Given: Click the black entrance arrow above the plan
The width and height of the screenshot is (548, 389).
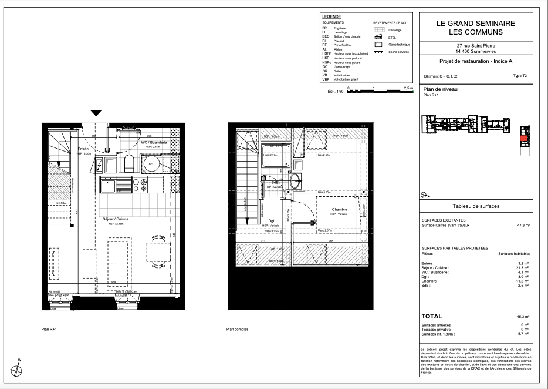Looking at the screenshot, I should pyautogui.click(x=96, y=113).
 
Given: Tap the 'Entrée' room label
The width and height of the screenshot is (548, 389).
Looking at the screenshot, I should pyautogui.click(x=83, y=149).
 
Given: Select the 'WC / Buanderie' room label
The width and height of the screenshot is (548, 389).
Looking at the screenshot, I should pyautogui.click(x=154, y=143).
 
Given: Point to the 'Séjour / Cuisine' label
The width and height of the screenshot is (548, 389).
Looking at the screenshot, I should pyautogui.click(x=116, y=219).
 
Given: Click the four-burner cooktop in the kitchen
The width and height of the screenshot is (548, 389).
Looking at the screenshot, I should pyautogui.click(x=140, y=186).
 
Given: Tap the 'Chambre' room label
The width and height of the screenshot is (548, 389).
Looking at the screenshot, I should pyautogui.click(x=340, y=210).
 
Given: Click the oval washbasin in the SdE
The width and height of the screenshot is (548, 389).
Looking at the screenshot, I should pyautogui.click(x=295, y=182).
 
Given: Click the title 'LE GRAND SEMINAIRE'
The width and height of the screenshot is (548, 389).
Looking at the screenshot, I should pyautogui.click(x=476, y=24).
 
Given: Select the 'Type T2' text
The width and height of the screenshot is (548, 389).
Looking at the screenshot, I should pyautogui.click(x=520, y=76).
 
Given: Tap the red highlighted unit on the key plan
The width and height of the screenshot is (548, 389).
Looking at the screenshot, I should pyautogui.click(x=525, y=139).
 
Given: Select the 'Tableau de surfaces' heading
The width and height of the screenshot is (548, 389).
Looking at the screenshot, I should pyautogui.click(x=476, y=207).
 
